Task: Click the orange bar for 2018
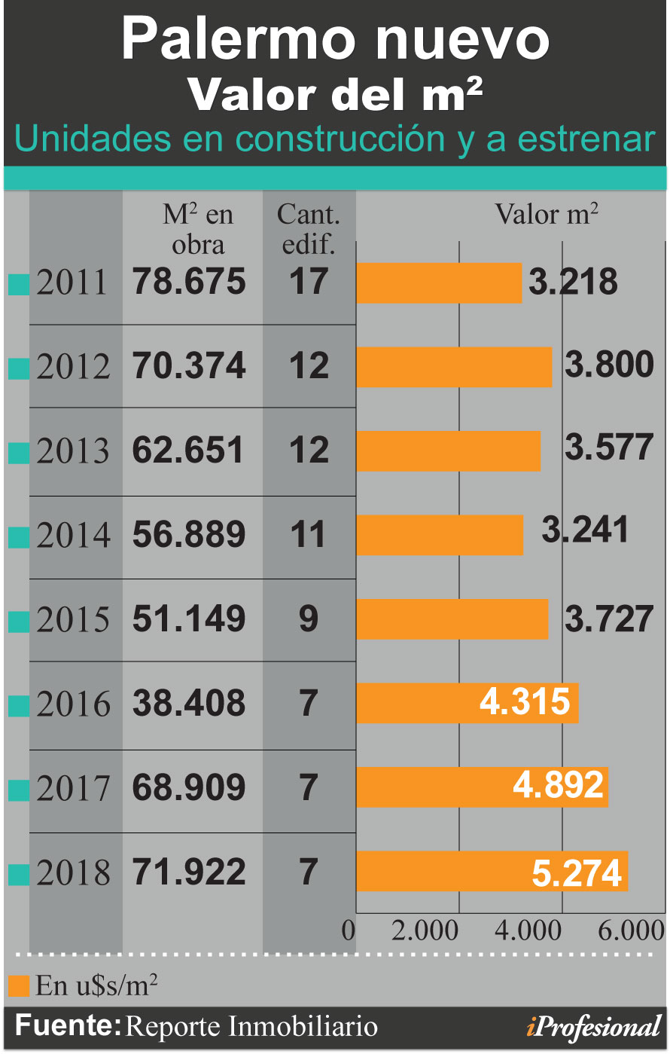492,871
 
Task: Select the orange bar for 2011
439,283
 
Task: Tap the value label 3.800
609,365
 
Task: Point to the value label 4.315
525,701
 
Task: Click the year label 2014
73,535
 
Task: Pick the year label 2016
73,704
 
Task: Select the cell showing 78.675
190,282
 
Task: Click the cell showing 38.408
190,703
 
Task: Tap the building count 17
309,282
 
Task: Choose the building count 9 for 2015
309,619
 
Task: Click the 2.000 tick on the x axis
425,930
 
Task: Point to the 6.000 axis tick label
631,930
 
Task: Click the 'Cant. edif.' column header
309,229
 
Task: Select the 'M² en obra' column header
198,229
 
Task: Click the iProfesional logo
594,1028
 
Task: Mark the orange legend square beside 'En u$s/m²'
20,985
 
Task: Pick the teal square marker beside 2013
19,453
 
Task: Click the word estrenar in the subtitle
586,139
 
